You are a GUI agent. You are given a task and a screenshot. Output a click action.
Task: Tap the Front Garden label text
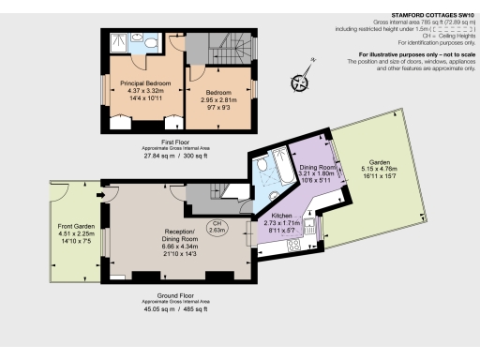76,227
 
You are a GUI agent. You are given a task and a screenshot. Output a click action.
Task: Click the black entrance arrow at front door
98,195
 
